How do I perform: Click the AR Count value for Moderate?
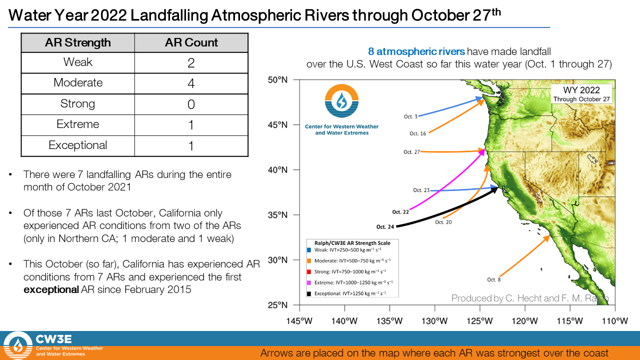(191, 83)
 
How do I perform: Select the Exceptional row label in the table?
(77, 145)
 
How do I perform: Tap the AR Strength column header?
(77, 42)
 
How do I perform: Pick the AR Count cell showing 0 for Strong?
(191, 104)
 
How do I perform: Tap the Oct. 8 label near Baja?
(493, 279)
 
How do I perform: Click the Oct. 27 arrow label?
(411, 152)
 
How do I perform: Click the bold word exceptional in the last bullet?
(51, 289)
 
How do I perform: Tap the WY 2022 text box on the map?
(581, 93)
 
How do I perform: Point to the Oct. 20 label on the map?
(443, 222)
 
